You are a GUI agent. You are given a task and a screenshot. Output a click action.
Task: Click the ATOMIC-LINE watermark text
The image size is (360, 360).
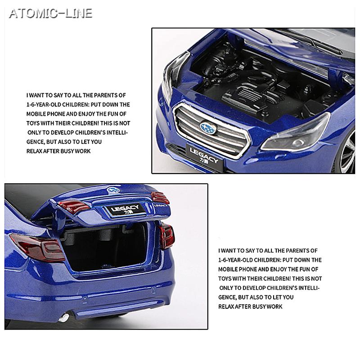click(x=51, y=13)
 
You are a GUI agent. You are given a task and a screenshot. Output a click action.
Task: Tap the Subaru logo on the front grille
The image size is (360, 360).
click(x=208, y=128)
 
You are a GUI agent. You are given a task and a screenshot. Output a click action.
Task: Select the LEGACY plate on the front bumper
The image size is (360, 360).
click(x=204, y=157)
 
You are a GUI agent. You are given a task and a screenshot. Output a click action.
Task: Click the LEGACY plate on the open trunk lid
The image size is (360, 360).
click(x=125, y=210)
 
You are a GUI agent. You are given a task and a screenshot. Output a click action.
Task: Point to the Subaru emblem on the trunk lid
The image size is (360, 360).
click(x=113, y=190)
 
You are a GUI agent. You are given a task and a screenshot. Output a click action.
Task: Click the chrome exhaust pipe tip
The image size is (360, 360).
click(x=63, y=318)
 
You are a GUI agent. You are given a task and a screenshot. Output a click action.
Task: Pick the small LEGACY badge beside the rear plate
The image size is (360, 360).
click(x=161, y=206)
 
